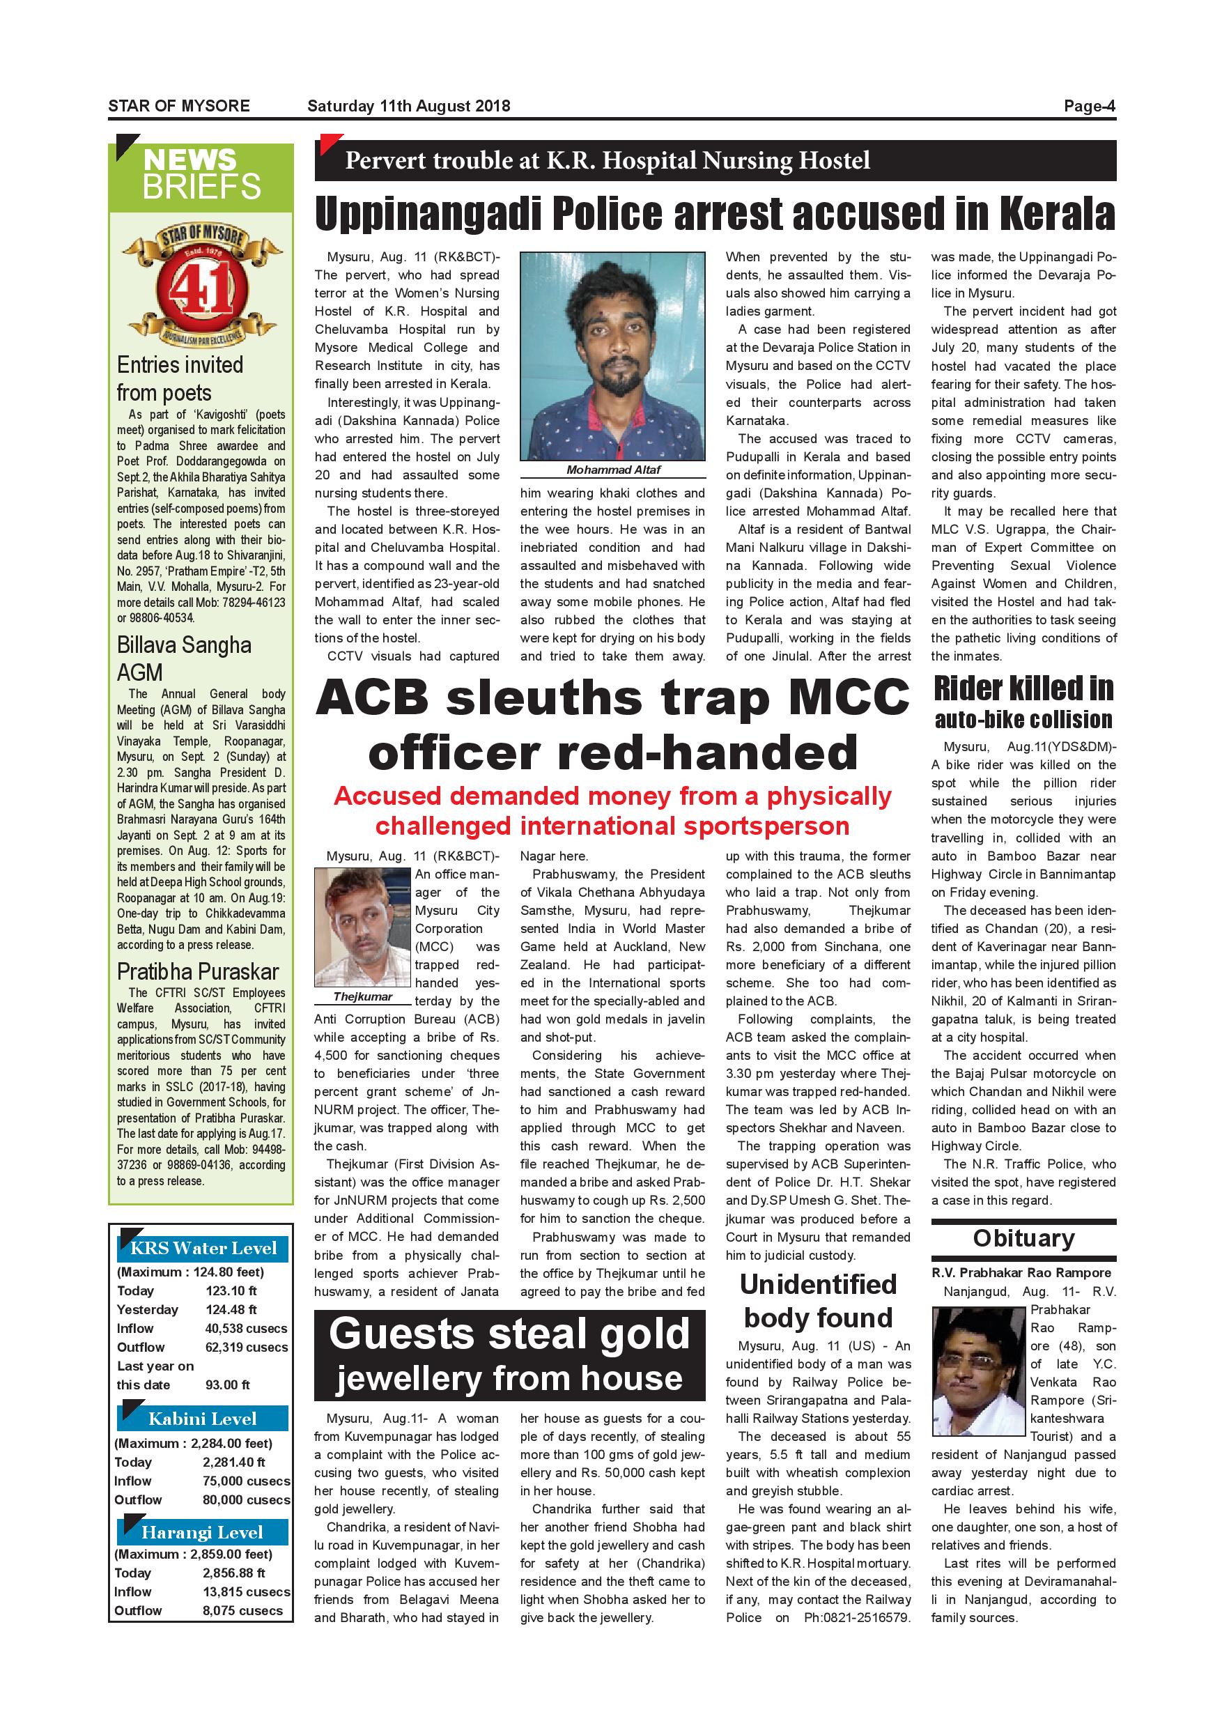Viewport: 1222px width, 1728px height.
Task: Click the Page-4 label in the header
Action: [1089, 106]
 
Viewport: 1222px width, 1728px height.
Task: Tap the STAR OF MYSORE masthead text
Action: [179, 106]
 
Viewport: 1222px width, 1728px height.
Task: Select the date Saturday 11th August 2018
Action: [408, 106]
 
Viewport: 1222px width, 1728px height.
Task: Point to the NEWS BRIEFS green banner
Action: [201, 175]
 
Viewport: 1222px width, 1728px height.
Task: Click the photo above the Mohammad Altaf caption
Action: [613, 356]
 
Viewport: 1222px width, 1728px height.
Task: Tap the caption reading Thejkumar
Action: [363, 996]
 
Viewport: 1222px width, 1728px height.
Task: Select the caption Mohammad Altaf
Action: [613, 470]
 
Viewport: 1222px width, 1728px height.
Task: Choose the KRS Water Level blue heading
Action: [203, 1248]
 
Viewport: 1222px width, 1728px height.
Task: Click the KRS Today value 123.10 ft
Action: [231, 1290]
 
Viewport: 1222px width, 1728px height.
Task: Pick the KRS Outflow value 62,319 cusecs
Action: [246, 1347]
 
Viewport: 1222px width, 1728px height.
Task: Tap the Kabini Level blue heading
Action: [203, 1419]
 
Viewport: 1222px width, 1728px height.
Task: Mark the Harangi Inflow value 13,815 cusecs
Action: [246, 1591]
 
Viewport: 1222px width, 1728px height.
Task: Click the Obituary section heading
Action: [1023, 1238]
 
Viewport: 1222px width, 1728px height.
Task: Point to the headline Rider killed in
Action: [1023, 688]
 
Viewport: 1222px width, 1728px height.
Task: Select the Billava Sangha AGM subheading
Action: [185, 658]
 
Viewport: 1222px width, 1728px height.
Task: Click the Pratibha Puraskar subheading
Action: [198, 971]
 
